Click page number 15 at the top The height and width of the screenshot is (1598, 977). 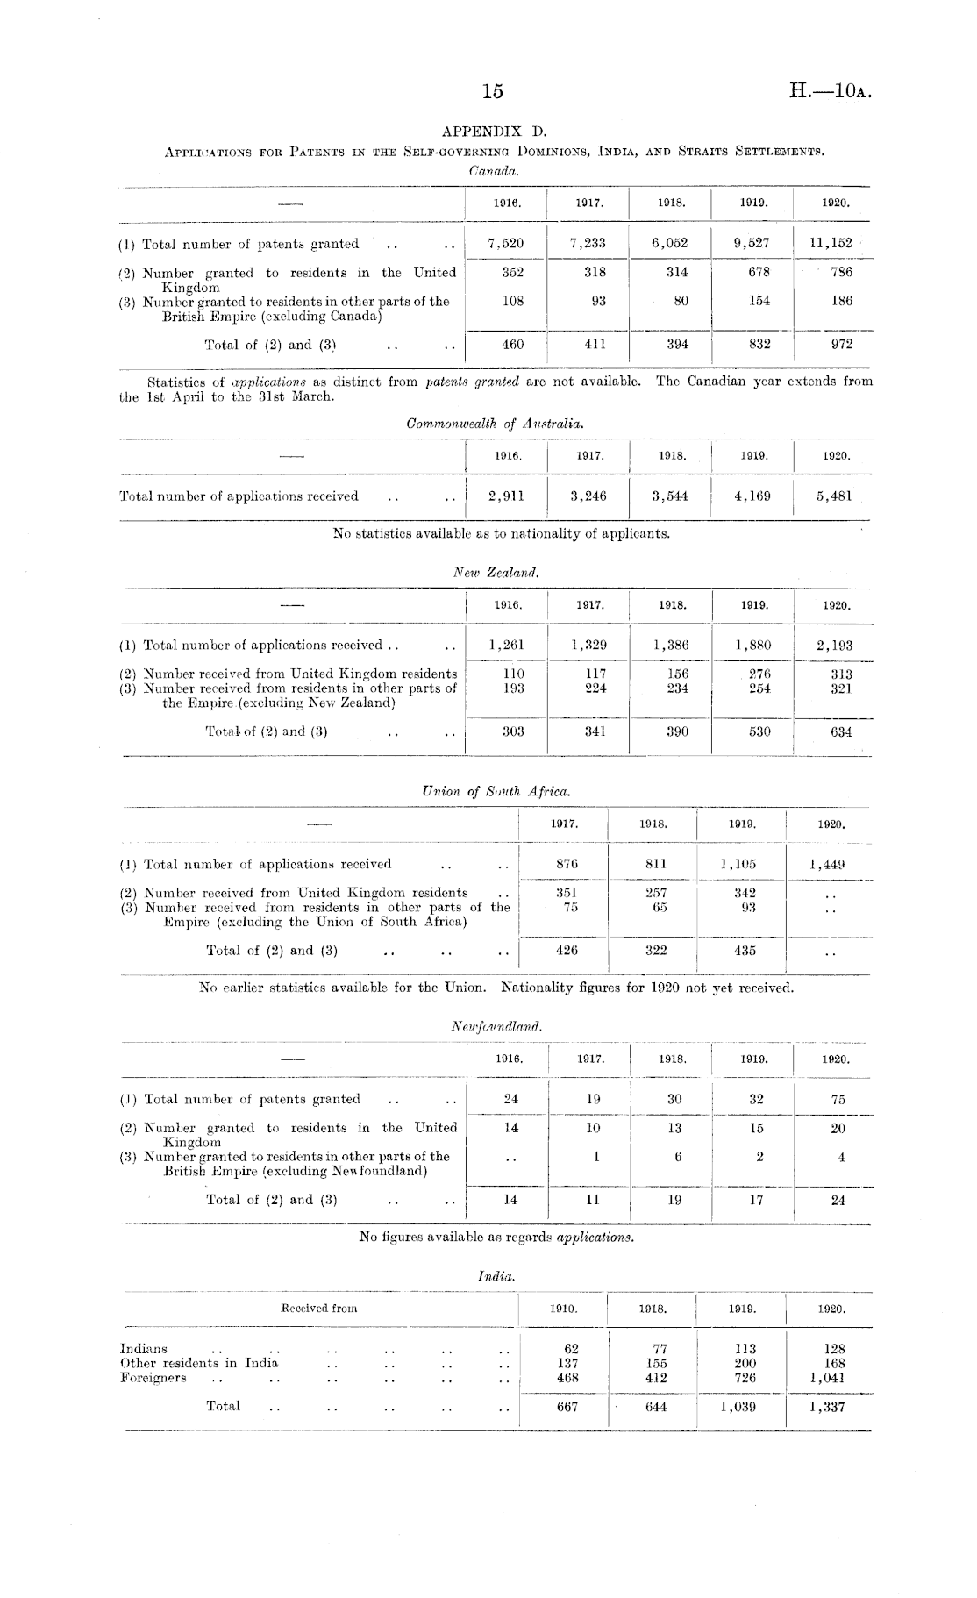click(493, 90)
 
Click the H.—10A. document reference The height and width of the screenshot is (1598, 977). click(829, 90)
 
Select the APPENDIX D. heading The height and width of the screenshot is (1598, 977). click(494, 132)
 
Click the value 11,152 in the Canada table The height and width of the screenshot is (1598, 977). click(830, 244)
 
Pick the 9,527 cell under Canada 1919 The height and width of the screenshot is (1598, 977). click(752, 244)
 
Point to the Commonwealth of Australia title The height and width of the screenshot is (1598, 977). click(496, 424)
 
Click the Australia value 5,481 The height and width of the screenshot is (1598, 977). click(833, 496)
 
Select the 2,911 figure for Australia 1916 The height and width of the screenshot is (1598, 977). click(507, 496)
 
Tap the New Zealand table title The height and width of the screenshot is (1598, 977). click(496, 572)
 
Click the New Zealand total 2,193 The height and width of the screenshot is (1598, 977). click(834, 646)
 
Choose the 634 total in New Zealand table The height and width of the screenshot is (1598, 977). click(841, 731)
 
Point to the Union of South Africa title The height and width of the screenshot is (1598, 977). click(496, 791)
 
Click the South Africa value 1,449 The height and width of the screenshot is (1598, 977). click(827, 864)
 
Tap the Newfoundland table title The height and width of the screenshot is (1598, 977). click(496, 1025)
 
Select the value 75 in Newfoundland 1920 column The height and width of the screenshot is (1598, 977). click(838, 1099)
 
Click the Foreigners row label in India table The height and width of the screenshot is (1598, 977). click(153, 1377)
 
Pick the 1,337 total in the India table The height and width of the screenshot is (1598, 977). click(828, 1406)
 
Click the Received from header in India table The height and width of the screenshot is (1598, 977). click(318, 1308)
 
